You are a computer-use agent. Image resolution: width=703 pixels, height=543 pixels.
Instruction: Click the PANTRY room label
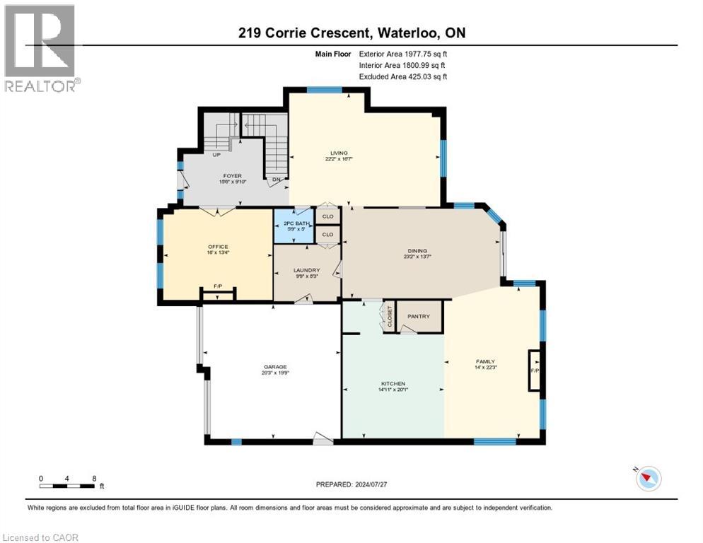point(419,316)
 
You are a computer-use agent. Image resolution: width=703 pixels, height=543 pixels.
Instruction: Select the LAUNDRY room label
point(307,270)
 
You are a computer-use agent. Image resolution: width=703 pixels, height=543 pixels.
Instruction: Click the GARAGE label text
point(275,367)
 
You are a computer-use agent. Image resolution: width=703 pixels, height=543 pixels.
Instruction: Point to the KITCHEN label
point(390,383)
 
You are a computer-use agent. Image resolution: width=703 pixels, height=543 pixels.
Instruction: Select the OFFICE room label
point(217,247)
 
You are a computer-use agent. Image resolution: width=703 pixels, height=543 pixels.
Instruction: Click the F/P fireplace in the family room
point(534,370)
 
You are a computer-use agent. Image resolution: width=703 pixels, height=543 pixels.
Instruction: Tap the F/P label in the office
point(218,287)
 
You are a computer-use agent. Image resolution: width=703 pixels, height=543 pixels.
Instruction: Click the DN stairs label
point(277,180)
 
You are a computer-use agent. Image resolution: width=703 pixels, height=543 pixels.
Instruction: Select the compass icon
point(647,479)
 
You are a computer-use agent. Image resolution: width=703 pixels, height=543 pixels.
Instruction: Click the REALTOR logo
point(40,49)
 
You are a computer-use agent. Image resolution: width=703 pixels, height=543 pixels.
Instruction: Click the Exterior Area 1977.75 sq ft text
point(403,53)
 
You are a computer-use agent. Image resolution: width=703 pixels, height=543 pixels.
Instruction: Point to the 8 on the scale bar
point(93,478)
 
